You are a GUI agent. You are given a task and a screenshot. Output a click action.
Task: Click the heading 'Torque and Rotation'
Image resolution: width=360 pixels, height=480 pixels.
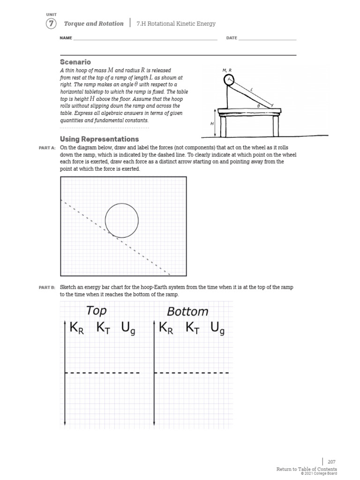coord(94,23)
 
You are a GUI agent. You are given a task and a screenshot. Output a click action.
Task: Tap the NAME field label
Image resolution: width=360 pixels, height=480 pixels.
coord(66,38)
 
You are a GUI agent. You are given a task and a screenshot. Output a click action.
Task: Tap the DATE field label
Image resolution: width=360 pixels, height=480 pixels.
coord(232,38)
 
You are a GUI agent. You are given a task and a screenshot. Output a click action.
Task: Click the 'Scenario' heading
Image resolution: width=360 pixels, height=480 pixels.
coord(75,62)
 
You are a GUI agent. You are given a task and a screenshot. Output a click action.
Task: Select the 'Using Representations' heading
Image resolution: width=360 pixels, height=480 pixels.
coord(99,139)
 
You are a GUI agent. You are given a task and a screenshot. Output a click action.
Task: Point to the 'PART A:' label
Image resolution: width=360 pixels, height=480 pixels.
coord(47,148)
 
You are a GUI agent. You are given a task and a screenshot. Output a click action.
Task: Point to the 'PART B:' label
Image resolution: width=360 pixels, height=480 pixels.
coord(47,287)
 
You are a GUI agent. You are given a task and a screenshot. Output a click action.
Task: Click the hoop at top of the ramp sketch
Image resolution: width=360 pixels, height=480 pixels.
coord(228,80)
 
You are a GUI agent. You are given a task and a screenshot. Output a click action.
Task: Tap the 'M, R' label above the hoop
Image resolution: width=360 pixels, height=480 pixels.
coord(227,70)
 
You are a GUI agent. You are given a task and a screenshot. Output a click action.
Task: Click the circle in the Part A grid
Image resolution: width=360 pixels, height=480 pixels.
coord(122,220)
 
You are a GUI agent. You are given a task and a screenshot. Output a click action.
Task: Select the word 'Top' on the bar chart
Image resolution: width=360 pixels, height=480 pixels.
coord(96,310)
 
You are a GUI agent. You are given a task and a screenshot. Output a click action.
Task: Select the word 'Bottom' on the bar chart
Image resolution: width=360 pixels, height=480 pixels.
coord(187,312)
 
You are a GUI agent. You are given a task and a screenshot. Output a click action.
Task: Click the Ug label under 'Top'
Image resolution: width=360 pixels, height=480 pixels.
coord(128,329)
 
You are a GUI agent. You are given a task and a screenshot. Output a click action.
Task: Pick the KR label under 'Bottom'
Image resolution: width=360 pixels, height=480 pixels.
coord(166,328)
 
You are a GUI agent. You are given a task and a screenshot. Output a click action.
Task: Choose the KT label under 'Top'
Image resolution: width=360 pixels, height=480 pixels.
coord(104,328)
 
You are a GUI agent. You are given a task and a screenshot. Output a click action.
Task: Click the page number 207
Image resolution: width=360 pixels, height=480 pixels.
coord(331,462)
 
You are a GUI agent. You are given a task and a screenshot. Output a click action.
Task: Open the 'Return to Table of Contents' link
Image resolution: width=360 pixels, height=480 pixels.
coord(307,469)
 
